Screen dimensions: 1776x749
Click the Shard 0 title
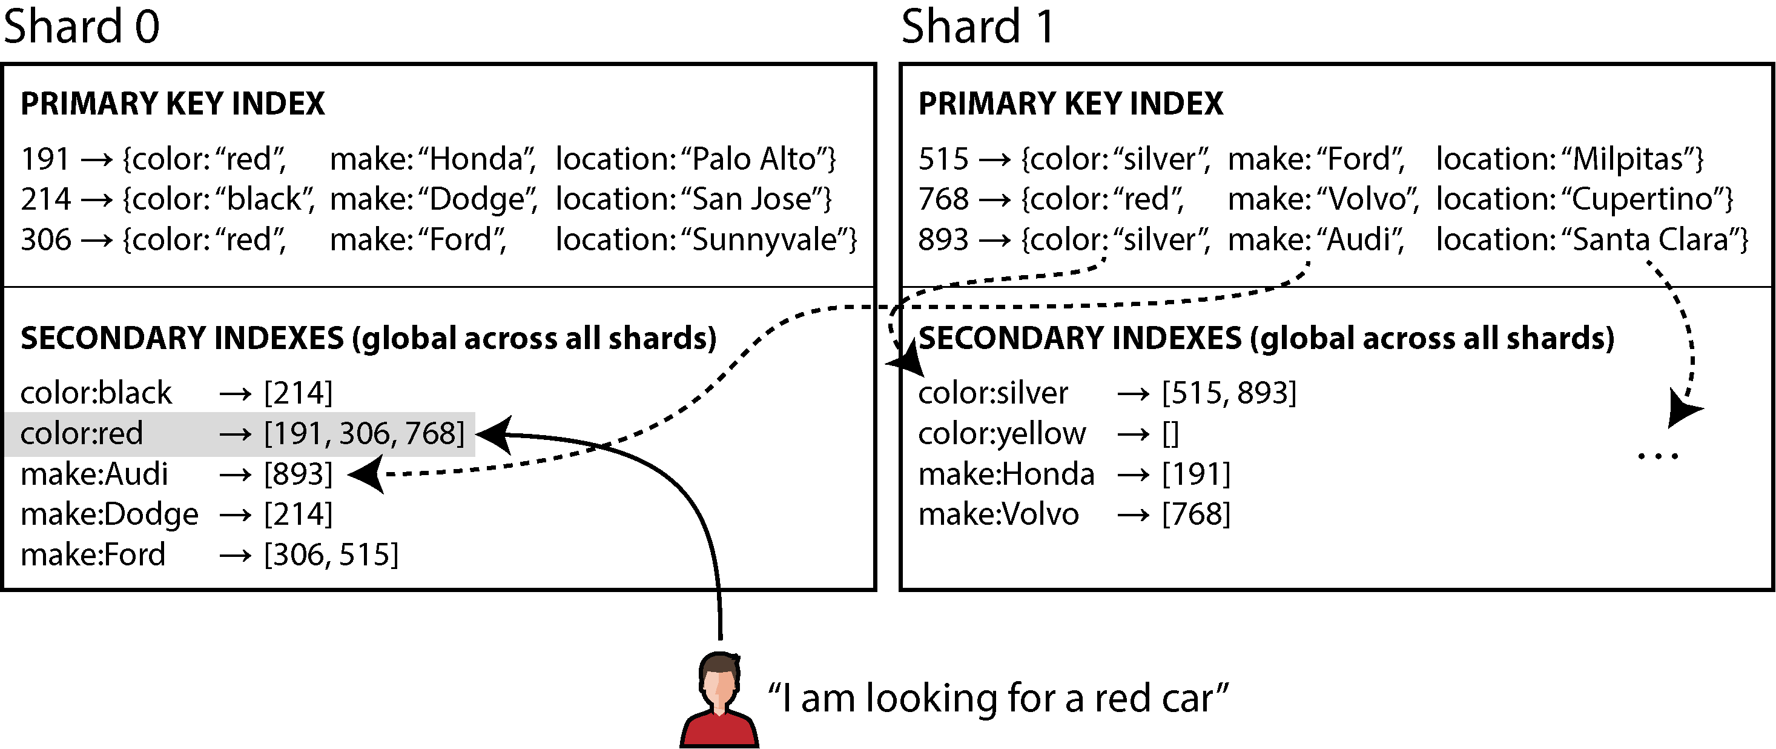[x=81, y=26]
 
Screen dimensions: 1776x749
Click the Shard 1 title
[x=978, y=26]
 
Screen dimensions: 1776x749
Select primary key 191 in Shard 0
[x=45, y=159]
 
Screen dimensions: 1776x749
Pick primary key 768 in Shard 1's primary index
[x=943, y=199]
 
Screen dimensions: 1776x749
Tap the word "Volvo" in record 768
[x=1369, y=199]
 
